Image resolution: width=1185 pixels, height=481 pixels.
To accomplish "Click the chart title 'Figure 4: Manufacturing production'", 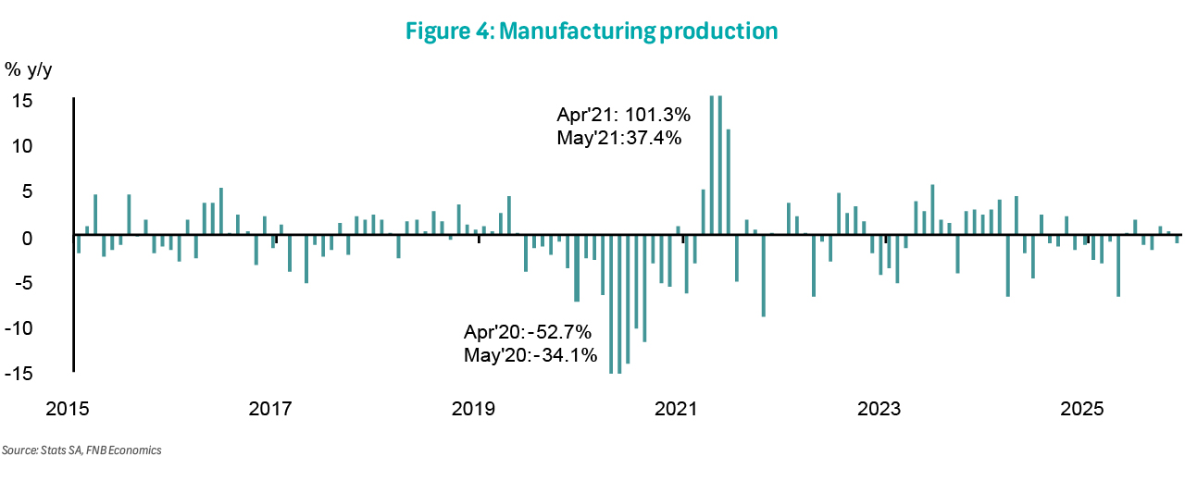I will click(x=592, y=31).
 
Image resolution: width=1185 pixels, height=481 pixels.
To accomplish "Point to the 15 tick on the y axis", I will click(x=22, y=100).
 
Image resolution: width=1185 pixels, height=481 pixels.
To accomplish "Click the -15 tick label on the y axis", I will click(x=19, y=373).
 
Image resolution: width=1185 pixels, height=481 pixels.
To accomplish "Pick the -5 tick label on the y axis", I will click(x=22, y=282).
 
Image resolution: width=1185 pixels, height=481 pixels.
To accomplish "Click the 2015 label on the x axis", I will click(x=68, y=409).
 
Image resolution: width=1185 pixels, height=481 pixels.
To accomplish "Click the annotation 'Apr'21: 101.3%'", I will click(x=623, y=116).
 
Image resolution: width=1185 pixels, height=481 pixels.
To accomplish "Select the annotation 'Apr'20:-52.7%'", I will click(x=528, y=332).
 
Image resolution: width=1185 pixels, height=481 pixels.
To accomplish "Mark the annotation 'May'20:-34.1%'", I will click(x=530, y=354).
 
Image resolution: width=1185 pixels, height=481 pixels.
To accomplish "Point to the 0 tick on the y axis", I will click(x=27, y=237).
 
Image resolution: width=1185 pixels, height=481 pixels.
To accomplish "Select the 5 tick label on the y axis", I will click(x=27, y=191).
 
